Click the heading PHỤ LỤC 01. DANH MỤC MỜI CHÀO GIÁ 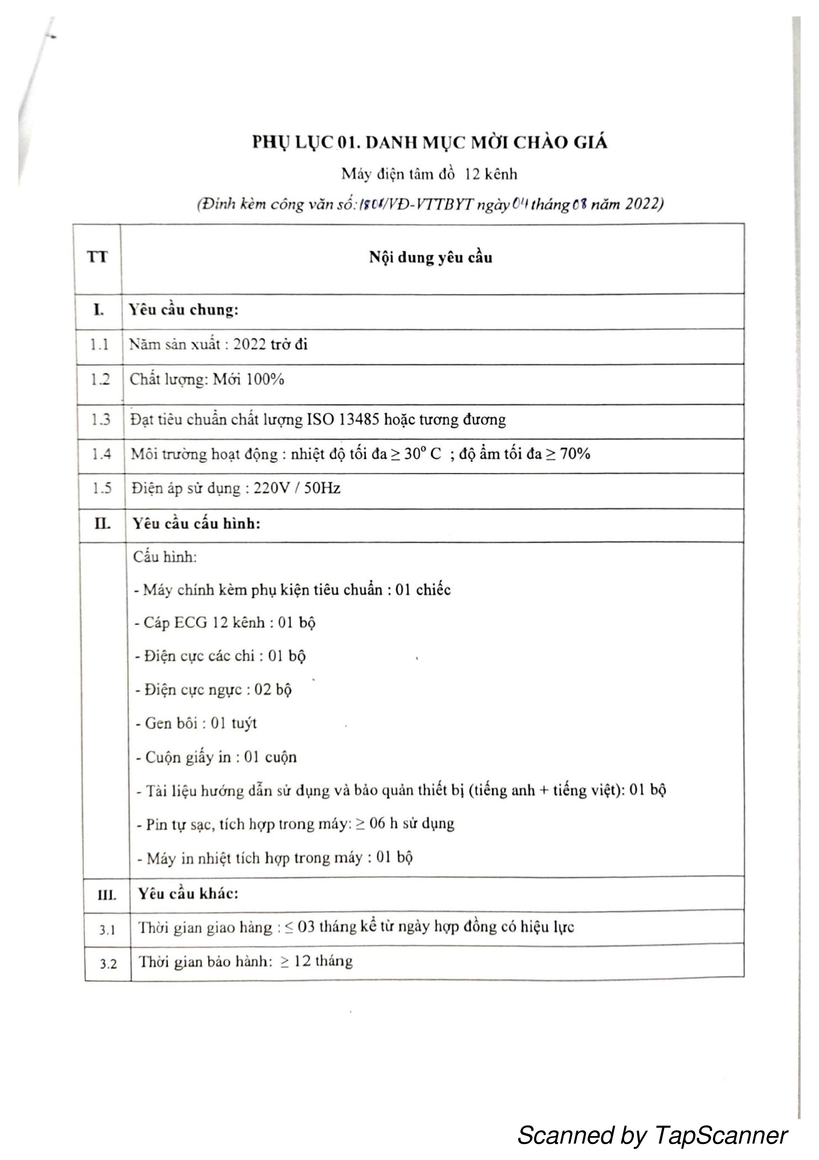[x=430, y=143]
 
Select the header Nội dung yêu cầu [x=430, y=258]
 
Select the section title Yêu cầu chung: [x=183, y=310]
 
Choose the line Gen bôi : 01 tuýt [x=196, y=724]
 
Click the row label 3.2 [x=108, y=964]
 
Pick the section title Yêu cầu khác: [x=188, y=894]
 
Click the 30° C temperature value [x=422, y=454]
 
